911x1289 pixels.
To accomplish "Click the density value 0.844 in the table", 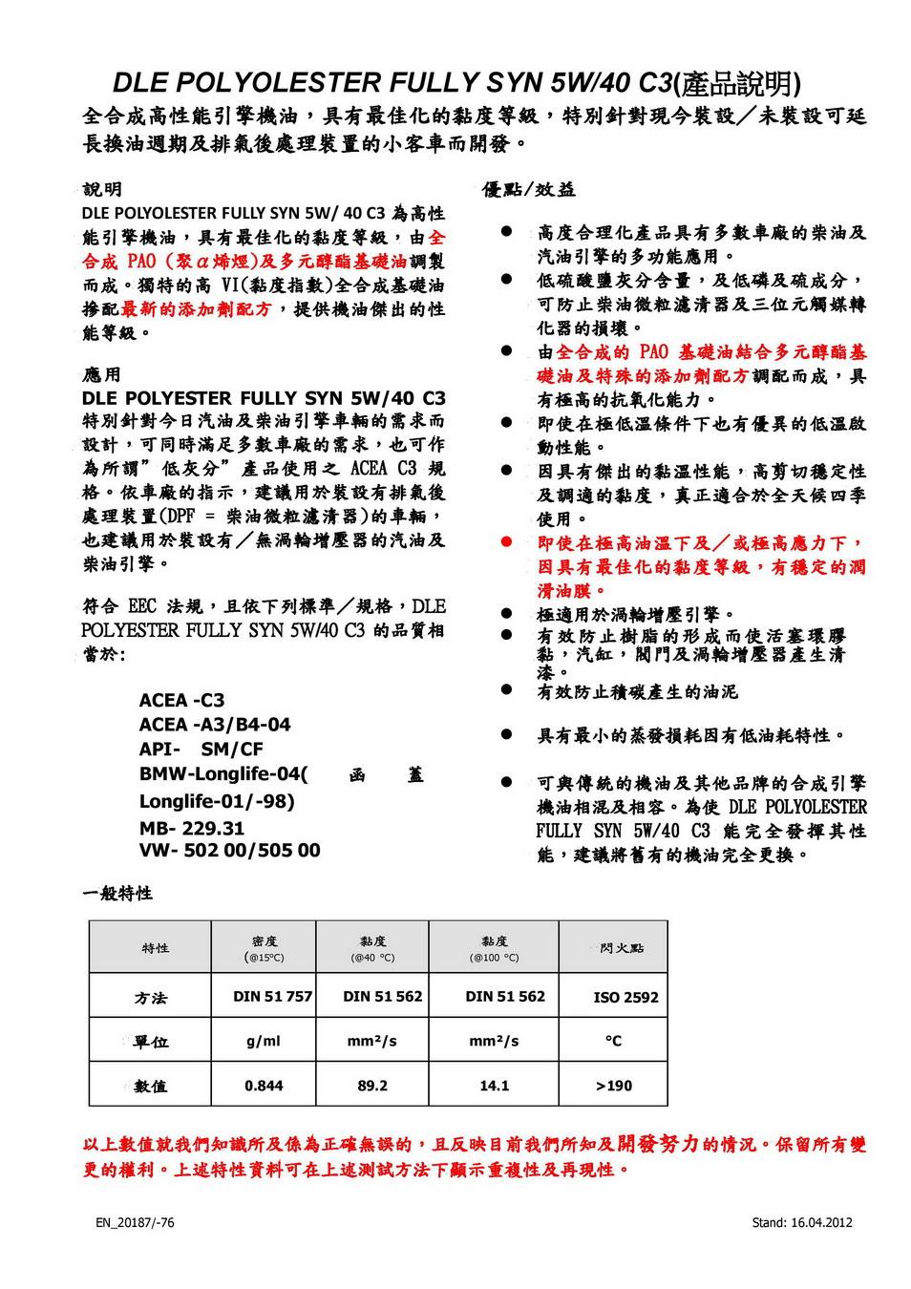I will pyautogui.click(x=264, y=1086).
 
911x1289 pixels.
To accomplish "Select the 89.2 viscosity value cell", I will pyautogui.click(x=372, y=1086).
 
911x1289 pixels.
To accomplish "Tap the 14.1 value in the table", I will pyautogui.click(x=494, y=1086).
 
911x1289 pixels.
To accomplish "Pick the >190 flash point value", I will pyautogui.click(x=614, y=1086).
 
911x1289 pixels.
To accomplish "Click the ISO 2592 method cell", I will pyautogui.click(x=625, y=998).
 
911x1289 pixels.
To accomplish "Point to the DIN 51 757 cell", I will pyautogui.click(x=272, y=997).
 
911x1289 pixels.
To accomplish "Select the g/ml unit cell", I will pyautogui.click(x=264, y=1041).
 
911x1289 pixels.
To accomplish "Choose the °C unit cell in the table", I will pyautogui.click(x=613, y=1041).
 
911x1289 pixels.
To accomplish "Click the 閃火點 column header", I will pyautogui.click(x=622, y=948).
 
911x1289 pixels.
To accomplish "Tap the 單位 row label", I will pyautogui.click(x=151, y=1042).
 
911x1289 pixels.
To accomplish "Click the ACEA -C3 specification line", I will pyautogui.click(x=181, y=700).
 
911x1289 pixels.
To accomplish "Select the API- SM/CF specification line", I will pyautogui.click(x=201, y=750).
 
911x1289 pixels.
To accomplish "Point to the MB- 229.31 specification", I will pyautogui.click(x=192, y=828).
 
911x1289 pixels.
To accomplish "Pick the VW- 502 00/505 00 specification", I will pyautogui.click(x=229, y=850).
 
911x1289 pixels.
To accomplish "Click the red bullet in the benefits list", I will pyautogui.click(x=508, y=542).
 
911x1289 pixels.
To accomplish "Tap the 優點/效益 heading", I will pyautogui.click(x=529, y=190).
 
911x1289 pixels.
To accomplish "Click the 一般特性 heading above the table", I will pyautogui.click(x=117, y=894).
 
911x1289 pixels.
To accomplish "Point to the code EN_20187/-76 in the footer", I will pyautogui.click(x=135, y=1222).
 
